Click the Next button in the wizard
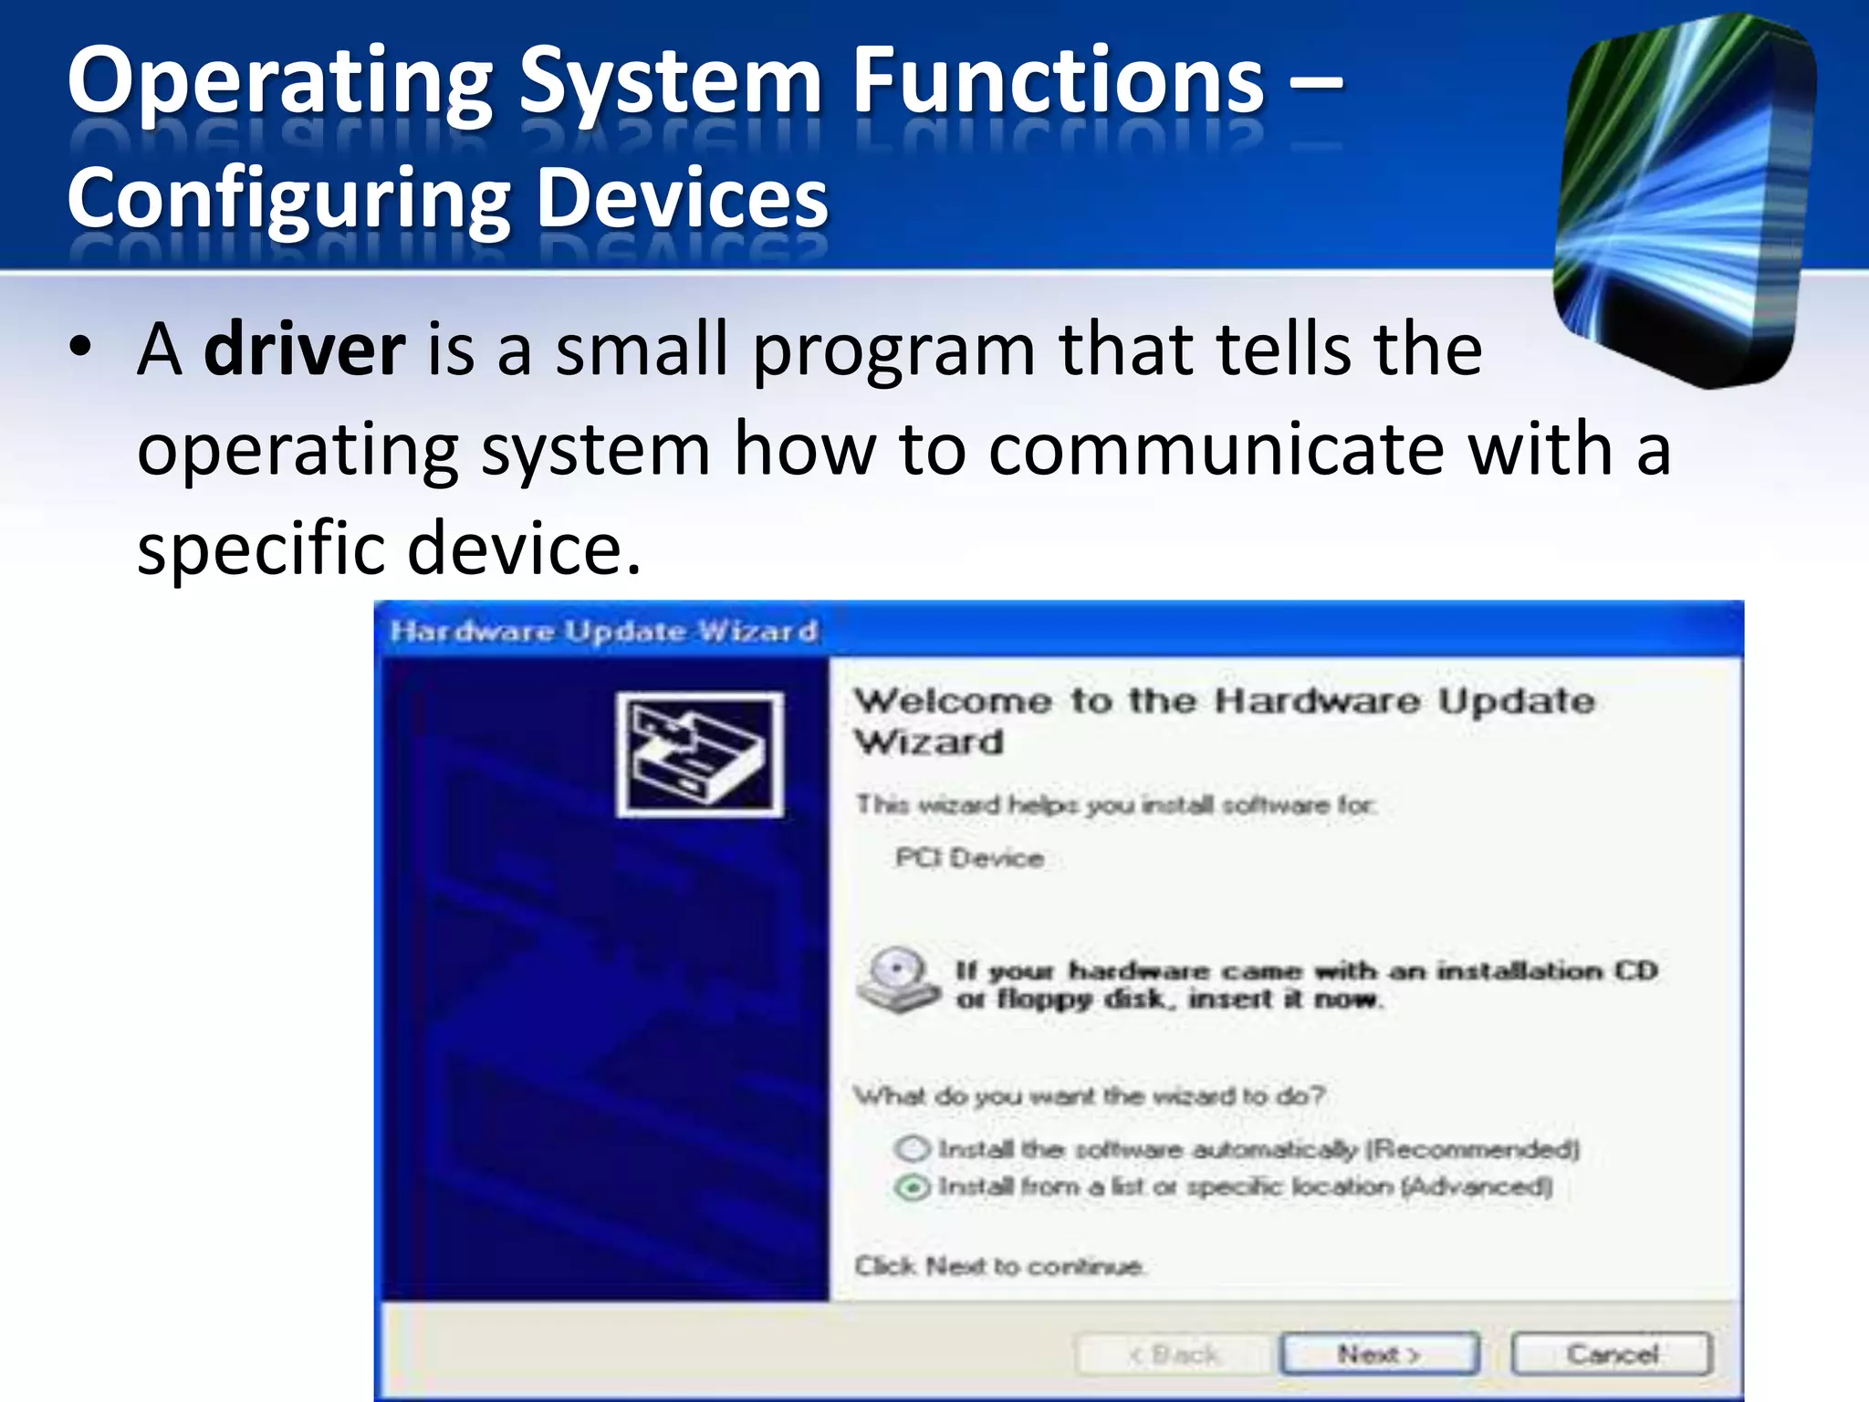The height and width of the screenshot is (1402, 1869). click(1378, 1354)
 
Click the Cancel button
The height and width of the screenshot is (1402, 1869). click(1612, 1354)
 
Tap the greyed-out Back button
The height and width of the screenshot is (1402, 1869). click(1175, 1354)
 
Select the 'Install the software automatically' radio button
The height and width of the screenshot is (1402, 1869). click(912, 1148)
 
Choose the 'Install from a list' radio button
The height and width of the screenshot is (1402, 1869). click(912, 1187)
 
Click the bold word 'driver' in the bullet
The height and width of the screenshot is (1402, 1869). click(304, 350)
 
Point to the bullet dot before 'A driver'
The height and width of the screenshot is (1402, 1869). click(81, 348)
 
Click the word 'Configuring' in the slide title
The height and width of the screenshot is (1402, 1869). click(288, 201)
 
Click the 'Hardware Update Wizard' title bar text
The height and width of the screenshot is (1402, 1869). click(603, 631)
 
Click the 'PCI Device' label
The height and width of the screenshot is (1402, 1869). click(969, 858)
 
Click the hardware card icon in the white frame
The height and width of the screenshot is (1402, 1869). click(700, 755)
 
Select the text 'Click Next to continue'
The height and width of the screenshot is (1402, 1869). click(998, 1266)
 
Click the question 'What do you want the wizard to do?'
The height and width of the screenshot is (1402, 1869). click(1089, 1095)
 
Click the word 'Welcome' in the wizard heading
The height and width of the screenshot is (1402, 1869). click(952, 701)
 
